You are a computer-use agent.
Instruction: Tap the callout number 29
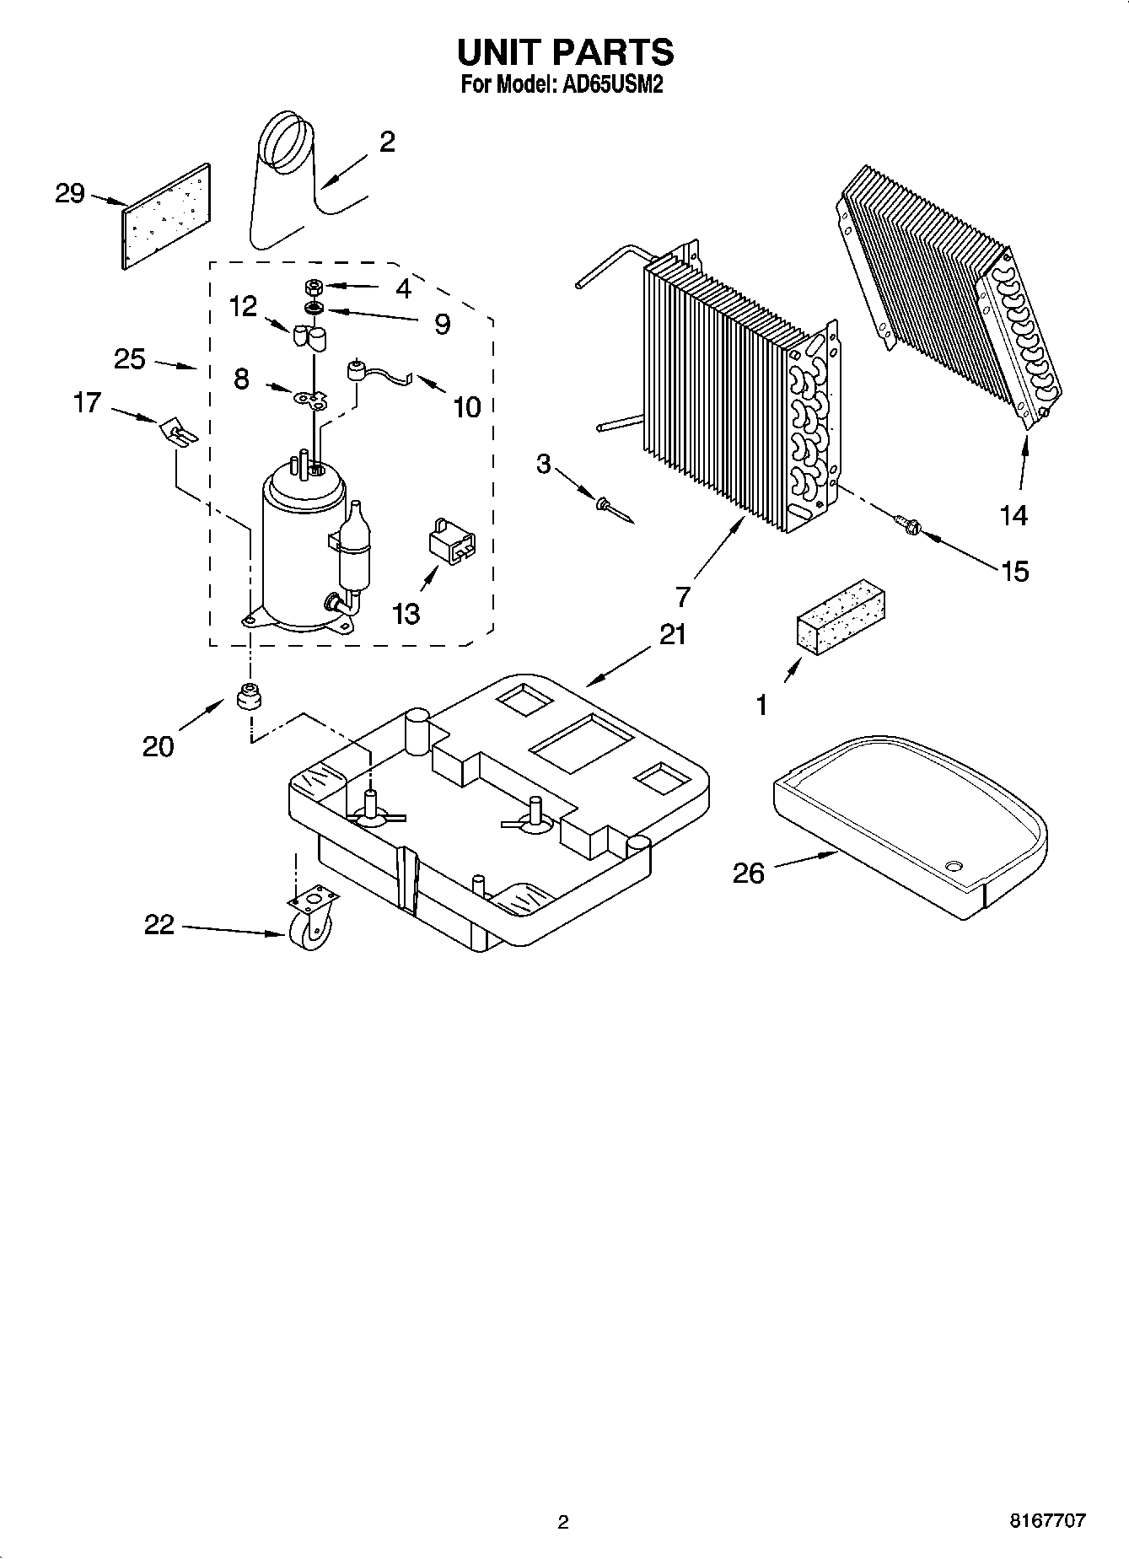[x=70, y=194]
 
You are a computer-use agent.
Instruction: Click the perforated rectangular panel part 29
[x=166, y=217]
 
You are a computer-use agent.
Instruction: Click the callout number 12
[x=243, y=306]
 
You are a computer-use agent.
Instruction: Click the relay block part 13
[x=451, y=538]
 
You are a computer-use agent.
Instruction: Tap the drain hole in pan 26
[x=954, y=866]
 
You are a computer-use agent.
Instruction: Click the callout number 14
[x=1013, y=514]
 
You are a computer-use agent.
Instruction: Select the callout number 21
[x=672, y=634]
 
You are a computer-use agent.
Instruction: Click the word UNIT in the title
[x=499, y=52]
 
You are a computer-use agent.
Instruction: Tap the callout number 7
[x=683, y=595]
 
